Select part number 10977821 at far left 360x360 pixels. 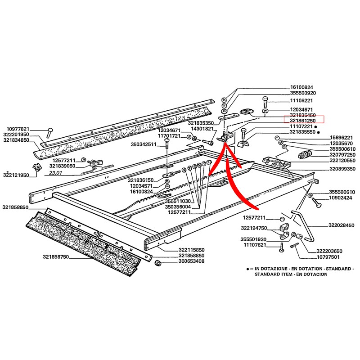[18, 129]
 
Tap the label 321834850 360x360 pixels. [16, 140]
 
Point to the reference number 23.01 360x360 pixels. [55, 173]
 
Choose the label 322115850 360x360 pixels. [179, 250]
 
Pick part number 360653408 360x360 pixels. [179, 261]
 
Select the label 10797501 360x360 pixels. [315, 258]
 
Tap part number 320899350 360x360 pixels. [342, 169]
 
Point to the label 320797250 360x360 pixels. [342, 155]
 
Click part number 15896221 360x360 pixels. [342, 137]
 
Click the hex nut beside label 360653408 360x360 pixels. [157, 262]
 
